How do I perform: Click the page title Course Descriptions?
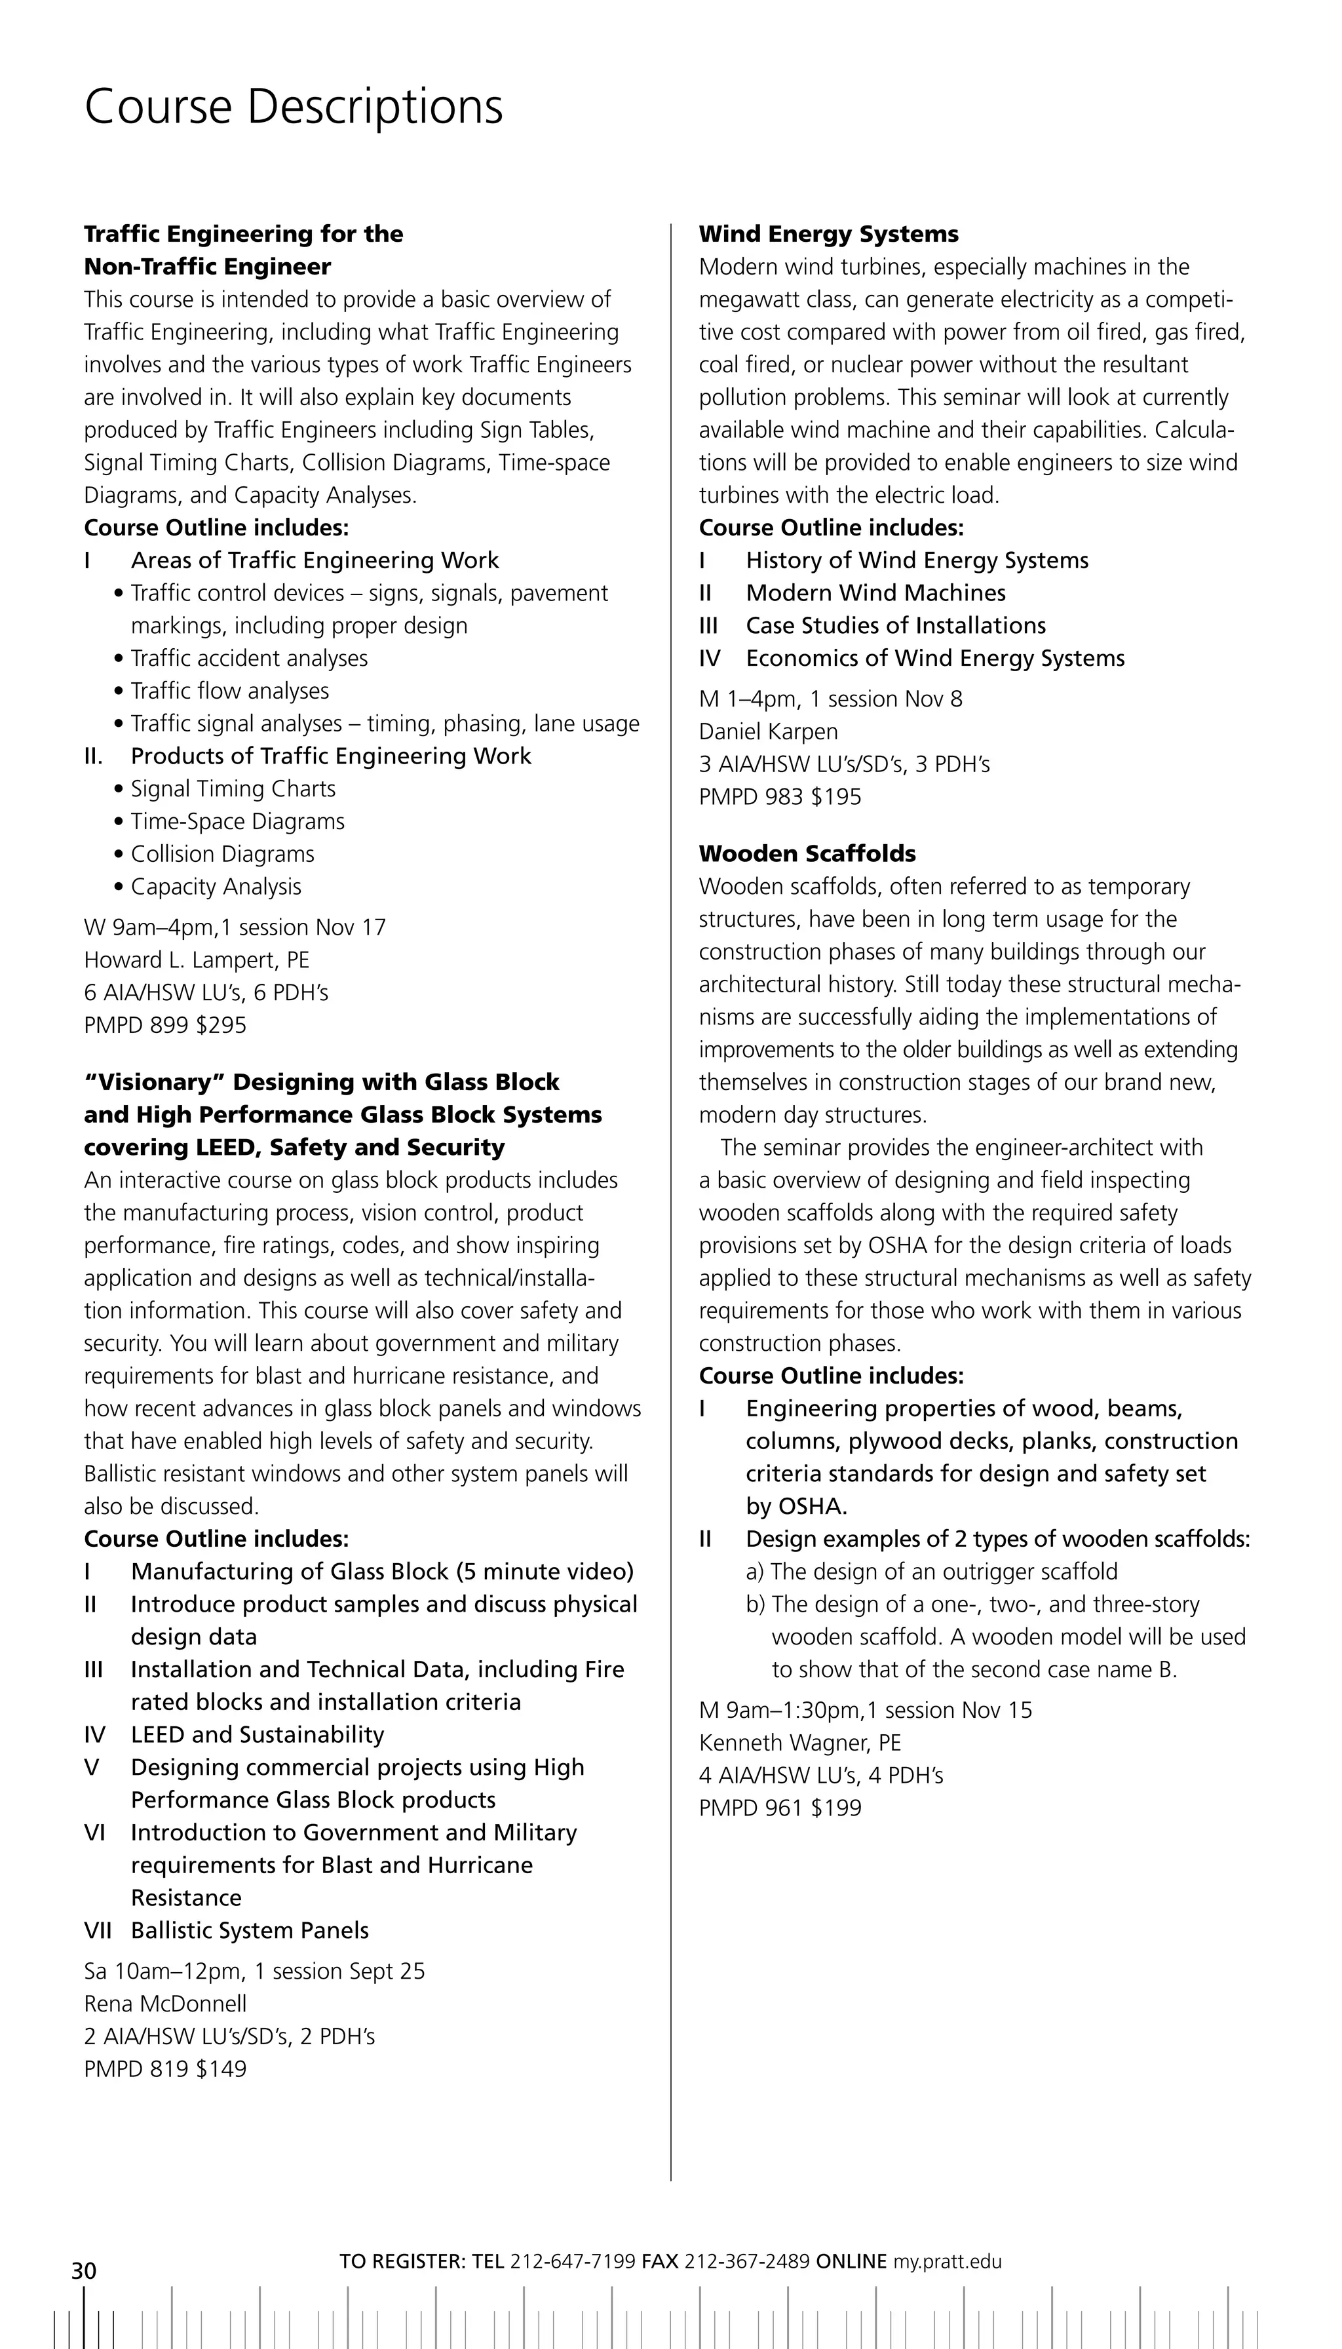click(293, 107)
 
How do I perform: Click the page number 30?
click(84, 2270)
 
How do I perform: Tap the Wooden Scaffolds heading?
click(807, 854)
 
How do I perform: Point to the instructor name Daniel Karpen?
click(768, 732)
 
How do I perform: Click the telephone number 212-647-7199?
click(572, 2261)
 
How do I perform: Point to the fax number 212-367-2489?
click(746, 2261)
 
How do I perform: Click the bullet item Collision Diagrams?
click(222, 854)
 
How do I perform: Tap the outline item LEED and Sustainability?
click(257, 1735)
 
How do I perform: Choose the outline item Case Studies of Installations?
click(895, 626)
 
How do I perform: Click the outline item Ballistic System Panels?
click(249, 1930)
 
